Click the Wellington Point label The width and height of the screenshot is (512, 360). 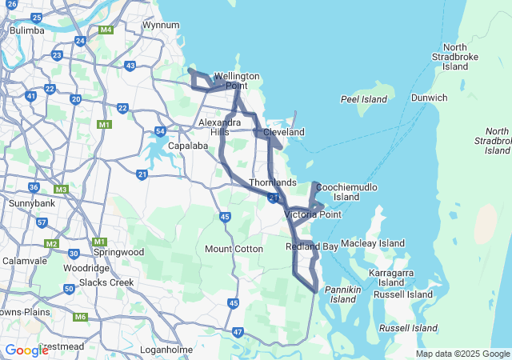coord(236,81)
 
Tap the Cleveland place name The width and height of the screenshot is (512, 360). coord(284,131)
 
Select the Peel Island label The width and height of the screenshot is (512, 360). coord(363,100)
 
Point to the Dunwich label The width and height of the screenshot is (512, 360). coord(429,98)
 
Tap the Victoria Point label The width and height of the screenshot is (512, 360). coord(313,214)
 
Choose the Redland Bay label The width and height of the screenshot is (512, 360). coord(312,246)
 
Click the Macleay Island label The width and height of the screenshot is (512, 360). coord(373,243)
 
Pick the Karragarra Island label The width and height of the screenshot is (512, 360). coord(391,278)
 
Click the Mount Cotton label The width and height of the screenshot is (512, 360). coord(234,249)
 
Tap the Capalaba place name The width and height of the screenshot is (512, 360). coord(189,146)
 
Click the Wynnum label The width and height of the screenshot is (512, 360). coord(160,25)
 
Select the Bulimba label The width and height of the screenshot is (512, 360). coord(25,30)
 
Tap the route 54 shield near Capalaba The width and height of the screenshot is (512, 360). coord(161,131)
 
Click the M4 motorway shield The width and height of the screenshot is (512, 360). coord(106,30)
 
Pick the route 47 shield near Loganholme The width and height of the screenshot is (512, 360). coord(238,331)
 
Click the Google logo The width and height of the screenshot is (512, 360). coord(26,350)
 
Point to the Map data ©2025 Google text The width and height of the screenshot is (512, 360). coord(462,354)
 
